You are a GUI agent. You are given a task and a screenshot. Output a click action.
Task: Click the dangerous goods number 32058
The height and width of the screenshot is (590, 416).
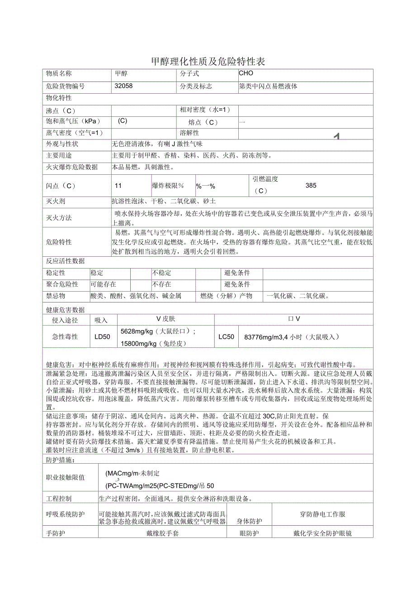124,86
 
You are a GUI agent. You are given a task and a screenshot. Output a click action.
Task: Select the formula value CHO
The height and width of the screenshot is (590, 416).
246,73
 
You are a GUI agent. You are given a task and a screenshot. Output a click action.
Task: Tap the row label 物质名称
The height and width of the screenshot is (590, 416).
59,73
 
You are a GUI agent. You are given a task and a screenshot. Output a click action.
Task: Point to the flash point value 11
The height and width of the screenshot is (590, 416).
118,186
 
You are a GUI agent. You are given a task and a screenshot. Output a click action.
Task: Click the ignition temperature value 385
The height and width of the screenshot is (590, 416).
311,185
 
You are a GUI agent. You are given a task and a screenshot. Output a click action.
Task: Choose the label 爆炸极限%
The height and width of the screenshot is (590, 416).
168,186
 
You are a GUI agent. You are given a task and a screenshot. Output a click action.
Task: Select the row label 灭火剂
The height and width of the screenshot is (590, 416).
56,201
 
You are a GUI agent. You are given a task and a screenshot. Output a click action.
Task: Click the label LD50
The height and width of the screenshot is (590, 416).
102,336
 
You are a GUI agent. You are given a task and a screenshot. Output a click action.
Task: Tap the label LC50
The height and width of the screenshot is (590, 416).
227,336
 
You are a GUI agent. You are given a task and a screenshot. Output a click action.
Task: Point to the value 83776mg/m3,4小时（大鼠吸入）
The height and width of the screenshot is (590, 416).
291,337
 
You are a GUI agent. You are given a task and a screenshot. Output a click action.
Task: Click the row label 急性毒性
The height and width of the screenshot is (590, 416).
66,336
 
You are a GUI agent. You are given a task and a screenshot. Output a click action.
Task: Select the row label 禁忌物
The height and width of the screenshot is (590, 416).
56,296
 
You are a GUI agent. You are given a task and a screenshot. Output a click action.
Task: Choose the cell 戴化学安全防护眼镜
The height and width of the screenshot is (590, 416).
322,533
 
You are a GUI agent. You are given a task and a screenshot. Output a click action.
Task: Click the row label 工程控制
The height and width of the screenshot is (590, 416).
59,499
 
